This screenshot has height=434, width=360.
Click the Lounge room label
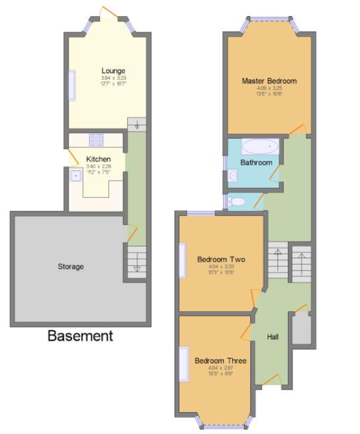tap(113, 70)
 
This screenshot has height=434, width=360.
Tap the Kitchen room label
tap(98, 159)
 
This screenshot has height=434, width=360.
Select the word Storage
tap(70, 266)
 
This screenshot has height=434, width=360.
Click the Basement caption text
tap(80, 336)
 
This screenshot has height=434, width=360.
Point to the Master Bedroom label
tap(269, 81)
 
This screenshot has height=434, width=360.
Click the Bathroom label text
tap(256, 163)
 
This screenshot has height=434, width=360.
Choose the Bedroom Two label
tap(221, 260)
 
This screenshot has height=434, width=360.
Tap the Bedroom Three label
tap(220, 360)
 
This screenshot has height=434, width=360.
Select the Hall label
tap(273, 337)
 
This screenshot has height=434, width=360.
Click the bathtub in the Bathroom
tap(259, 145)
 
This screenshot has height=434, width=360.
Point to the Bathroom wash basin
tap(232, 174)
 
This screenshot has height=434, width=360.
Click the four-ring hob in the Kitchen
tap(97, 139)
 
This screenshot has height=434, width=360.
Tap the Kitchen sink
tap(76, 175)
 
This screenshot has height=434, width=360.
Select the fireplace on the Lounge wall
tap(72, 85)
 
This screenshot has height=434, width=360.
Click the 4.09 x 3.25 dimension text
tap(269, 88)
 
